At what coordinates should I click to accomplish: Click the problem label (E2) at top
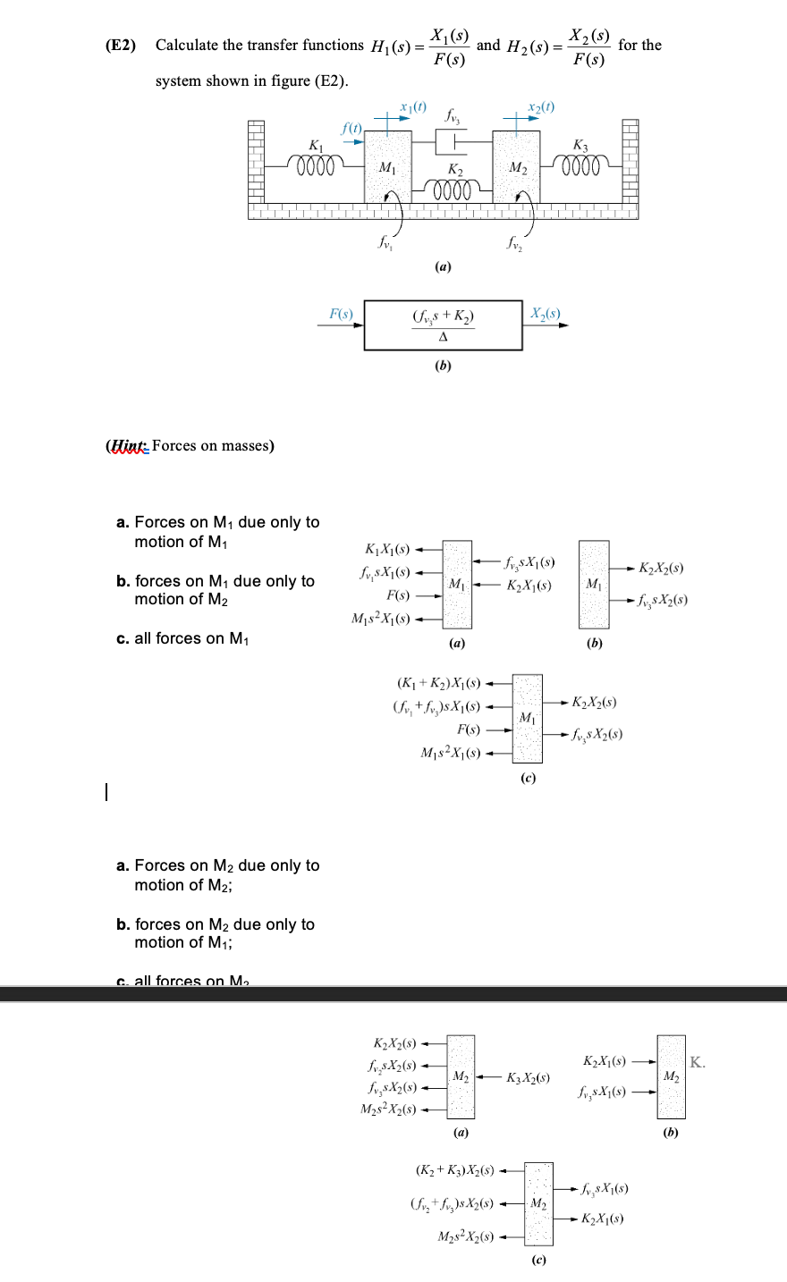click(x=120, y=46)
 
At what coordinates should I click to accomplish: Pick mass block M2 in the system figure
click(x=516, y=166)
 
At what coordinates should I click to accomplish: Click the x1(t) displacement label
click(x=411, y=107)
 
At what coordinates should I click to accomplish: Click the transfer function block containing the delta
click(x=443, y=325)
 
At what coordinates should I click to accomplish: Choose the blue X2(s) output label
click(x=545, y=313)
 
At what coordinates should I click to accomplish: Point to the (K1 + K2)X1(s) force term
click(x=437, y=684)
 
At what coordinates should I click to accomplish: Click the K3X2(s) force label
click(x=528, y=1077)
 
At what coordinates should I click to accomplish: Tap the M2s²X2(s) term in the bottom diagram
click(x=463, y=1237)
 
